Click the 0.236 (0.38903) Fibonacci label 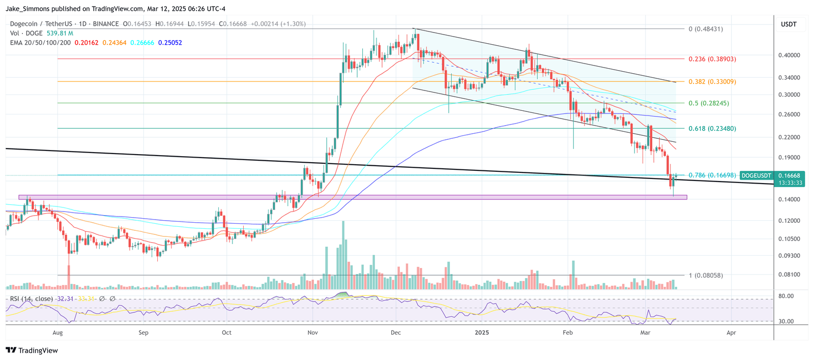coord(712,59)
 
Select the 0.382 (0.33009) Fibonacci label coord(712,82)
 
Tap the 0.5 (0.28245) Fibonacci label coord(708,103)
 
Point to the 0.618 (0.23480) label coord(712,129)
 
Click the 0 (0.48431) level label coord(705,29)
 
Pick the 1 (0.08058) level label coord(705,276)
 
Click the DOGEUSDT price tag coord(756,175)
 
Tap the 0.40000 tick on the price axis coord(789,55)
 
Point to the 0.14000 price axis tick coord(789,199)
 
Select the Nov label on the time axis coord(313,333)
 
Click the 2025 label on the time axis coord(482,333)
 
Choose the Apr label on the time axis coord(731,333)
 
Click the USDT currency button coord(789,24)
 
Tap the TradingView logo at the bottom coord(32,350)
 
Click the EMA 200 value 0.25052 coord(170,43)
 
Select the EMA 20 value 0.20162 coord(86,43)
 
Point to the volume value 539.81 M coord(60,34)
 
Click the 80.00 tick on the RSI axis coord(786,296)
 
